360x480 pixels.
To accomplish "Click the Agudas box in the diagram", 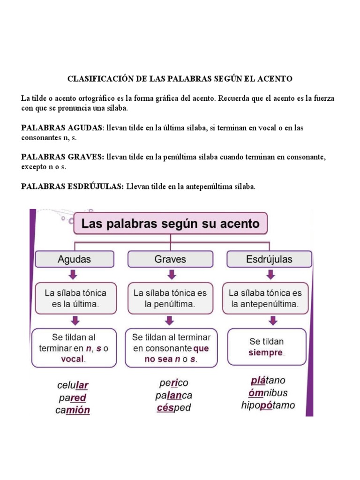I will [x=74, y=259].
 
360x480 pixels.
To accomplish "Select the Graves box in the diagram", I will [x=170, y=259].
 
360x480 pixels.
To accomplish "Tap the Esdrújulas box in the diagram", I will [x=269, y=259].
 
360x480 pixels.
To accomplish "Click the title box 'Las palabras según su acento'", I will [x=170, y=224].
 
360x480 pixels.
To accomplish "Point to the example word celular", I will [x=73, y=385].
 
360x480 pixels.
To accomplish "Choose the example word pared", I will [x=73, y=398].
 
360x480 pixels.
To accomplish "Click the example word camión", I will [x=73, y=410].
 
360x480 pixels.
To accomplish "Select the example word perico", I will [x=173, y=383].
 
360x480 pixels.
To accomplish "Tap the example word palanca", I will [x=173, y=395].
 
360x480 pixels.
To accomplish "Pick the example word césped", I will [x=173, y=407].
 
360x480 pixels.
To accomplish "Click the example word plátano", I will [x=268, y=380].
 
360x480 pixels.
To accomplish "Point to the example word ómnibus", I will [x=268, y=393].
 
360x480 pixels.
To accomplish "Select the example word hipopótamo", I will [x=268, y=405].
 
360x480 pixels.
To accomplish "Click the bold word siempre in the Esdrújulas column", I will [x=266, y=352].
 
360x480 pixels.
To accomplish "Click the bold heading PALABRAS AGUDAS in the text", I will [x=61, y=127].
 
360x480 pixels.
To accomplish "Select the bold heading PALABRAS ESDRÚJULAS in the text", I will [x=72, y=187].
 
